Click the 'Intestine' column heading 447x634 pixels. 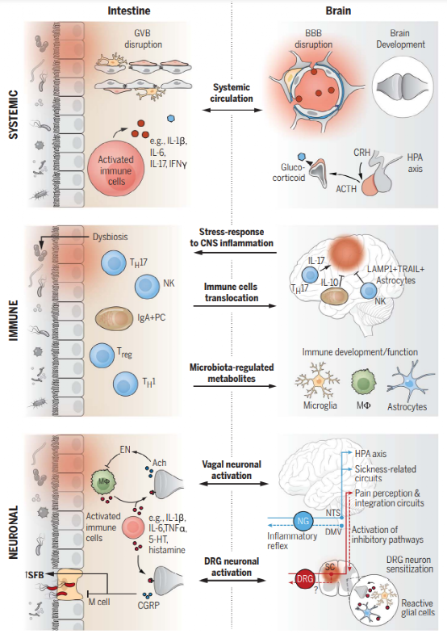[x=129, y=11]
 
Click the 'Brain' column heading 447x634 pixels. [x=338, y=11]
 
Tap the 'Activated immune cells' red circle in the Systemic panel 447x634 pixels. [x=116, y=170]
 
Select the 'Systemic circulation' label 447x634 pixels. [x=232, y=93]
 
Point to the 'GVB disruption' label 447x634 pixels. [x=143, y=39]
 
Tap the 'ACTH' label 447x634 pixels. [x=346, y=189]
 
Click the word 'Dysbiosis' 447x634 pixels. [x=111, y=237]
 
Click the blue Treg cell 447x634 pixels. [x=102, y=355]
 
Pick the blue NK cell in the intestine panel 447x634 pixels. [x=147, y=286]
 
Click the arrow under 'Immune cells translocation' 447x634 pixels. [x=234, y=305]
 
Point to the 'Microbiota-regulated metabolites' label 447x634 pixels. [x=232, y=373]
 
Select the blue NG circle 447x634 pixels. [x=303, y=521]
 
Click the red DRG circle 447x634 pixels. [x=305, y=578]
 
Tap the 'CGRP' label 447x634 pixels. [x=148, y=605]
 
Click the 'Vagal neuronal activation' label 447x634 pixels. [x=232, y=470]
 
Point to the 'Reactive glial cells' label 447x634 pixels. [x=418, y=607]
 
